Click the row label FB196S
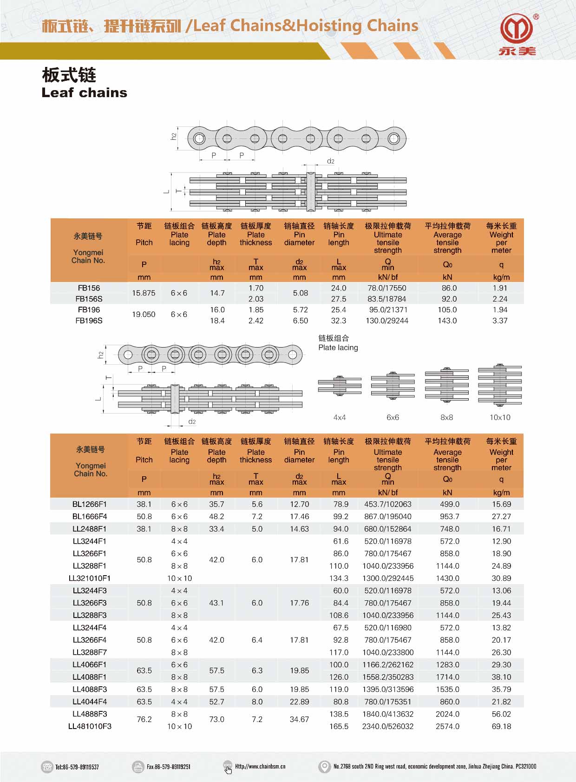coord(89,321)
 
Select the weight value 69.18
coord(501,726)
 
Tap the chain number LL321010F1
coord(90,578)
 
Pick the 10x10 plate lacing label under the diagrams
coord(500,417)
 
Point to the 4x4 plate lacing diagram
coord(340,386)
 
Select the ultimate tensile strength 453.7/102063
coord(388,504)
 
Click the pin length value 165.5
coord(339,726)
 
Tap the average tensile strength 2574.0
coord(447,726)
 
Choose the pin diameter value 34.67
coord(299,719)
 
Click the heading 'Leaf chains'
coord(84,92)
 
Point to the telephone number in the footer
coord(77,767)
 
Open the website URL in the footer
coord(260,767)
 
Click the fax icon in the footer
coord(138,767)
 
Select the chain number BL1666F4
coord(90,516)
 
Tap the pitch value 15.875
coord(144,293)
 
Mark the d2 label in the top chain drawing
coord(331,161)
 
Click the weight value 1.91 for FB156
coord(500,288)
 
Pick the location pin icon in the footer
coord(324,767)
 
